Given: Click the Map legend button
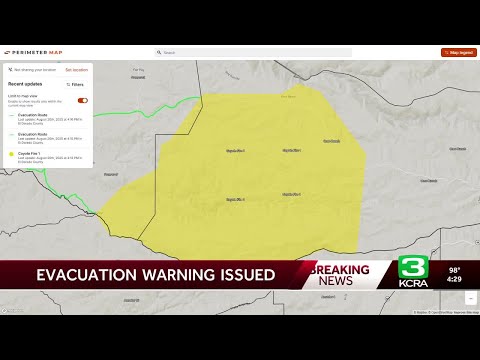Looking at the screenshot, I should [459, 52].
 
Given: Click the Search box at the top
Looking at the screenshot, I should [253, 52].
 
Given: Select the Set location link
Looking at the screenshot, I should [76, 70].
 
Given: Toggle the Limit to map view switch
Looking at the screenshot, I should [82, 100].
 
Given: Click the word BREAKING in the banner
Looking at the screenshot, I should [339, 269].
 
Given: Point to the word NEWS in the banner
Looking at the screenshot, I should [335, 281].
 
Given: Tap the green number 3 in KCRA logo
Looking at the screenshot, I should [414, 267].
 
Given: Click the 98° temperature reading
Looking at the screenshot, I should [455, 270].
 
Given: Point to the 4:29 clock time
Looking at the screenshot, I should [455, 281].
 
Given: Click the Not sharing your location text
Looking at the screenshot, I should [34, 70].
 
